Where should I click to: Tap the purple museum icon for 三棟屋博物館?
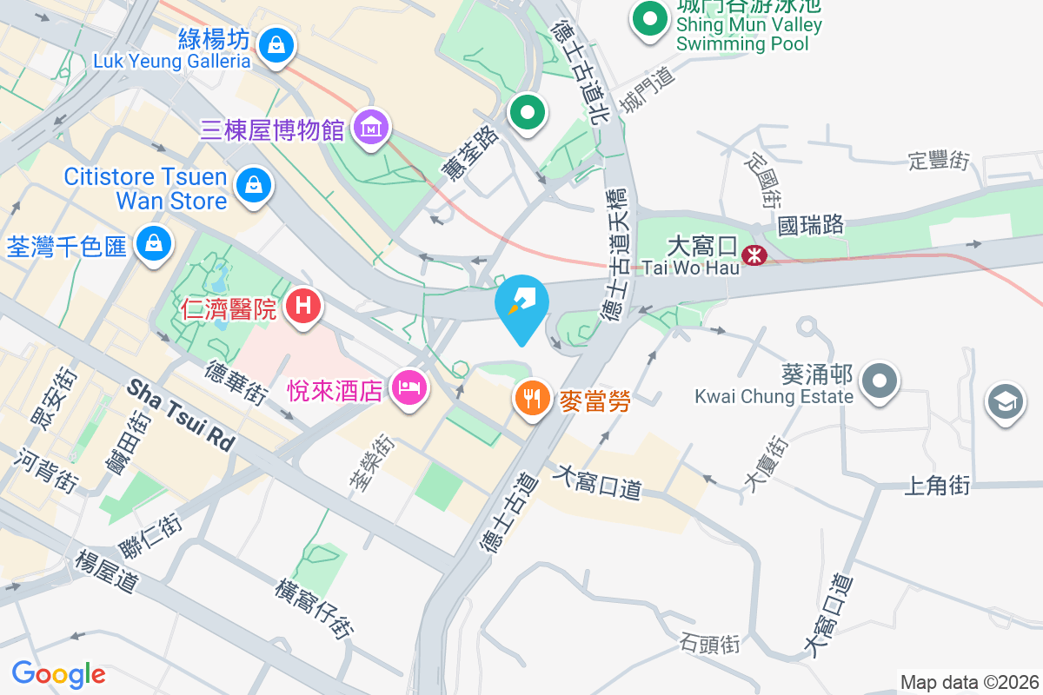click(371, 129)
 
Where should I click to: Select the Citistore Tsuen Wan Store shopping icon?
click(252, 184)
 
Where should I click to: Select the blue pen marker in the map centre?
click(521, 305)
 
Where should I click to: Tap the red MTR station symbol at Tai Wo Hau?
click(753, 255)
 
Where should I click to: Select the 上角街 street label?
click(937, 486)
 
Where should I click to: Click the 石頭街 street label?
click(710, 644)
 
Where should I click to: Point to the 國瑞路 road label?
click(811, 225)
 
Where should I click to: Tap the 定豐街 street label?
click(939, 160)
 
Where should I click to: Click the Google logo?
click(58, 673)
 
